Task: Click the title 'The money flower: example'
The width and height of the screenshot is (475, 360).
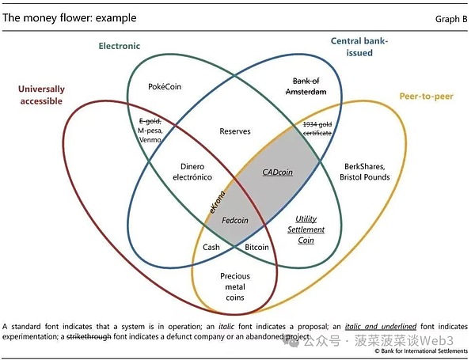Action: [70, 17]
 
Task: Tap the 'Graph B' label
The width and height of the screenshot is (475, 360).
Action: [452, 18]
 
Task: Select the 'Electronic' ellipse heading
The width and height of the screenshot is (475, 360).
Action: [119, 46]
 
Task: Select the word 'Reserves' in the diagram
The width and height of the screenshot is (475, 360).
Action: [235, 131]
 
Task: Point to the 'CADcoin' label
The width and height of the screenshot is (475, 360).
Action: [277, 171]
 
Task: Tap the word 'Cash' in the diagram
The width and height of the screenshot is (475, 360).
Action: [211, 247]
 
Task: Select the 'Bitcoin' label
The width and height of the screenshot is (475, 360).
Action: [256, 247]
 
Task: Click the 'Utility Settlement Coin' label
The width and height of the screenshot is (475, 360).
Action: [305, 229]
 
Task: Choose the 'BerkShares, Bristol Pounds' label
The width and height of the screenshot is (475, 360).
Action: [365, 172]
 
